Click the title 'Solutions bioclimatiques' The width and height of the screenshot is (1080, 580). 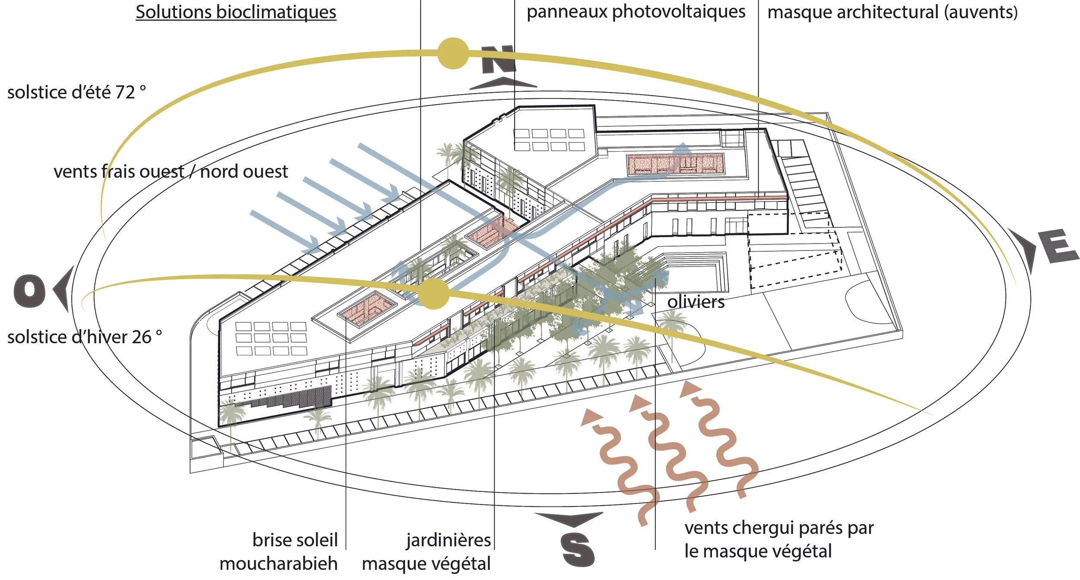click(236, 12)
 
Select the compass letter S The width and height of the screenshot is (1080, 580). click(578, 549)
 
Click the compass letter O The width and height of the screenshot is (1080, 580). click(29, 291)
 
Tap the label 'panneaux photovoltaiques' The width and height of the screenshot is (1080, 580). click(636, 12)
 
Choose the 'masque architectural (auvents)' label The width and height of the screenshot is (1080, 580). click(892, 12)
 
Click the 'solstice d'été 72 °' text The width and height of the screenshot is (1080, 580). click(76, 92)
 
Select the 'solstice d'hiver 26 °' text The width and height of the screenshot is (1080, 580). click(85, 337)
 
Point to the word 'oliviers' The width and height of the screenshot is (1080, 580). click(696, 302)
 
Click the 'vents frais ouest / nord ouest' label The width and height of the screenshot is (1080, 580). click(171, 172)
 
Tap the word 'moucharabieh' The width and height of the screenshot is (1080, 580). click(279, 564)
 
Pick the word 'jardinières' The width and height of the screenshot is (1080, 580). click(448, 540)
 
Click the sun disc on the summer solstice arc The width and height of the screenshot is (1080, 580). click(453, 53)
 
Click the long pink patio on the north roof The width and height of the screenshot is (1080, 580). click(675, 164)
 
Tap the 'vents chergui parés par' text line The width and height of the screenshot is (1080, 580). click(779, 528)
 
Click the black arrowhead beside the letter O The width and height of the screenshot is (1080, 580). click(63, 288)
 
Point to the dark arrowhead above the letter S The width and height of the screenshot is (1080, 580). click(569, 519)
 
